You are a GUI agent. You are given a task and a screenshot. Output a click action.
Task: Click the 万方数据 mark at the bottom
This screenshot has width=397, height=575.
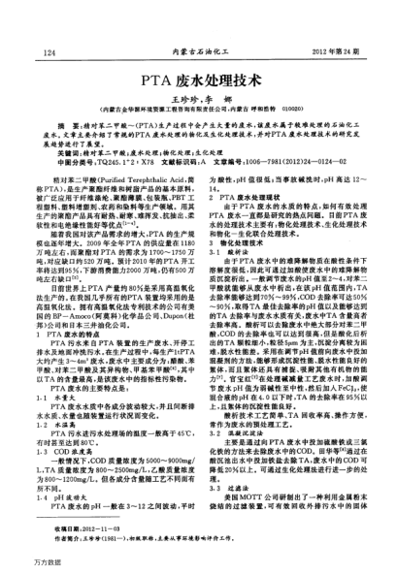[x=22, y=562]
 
